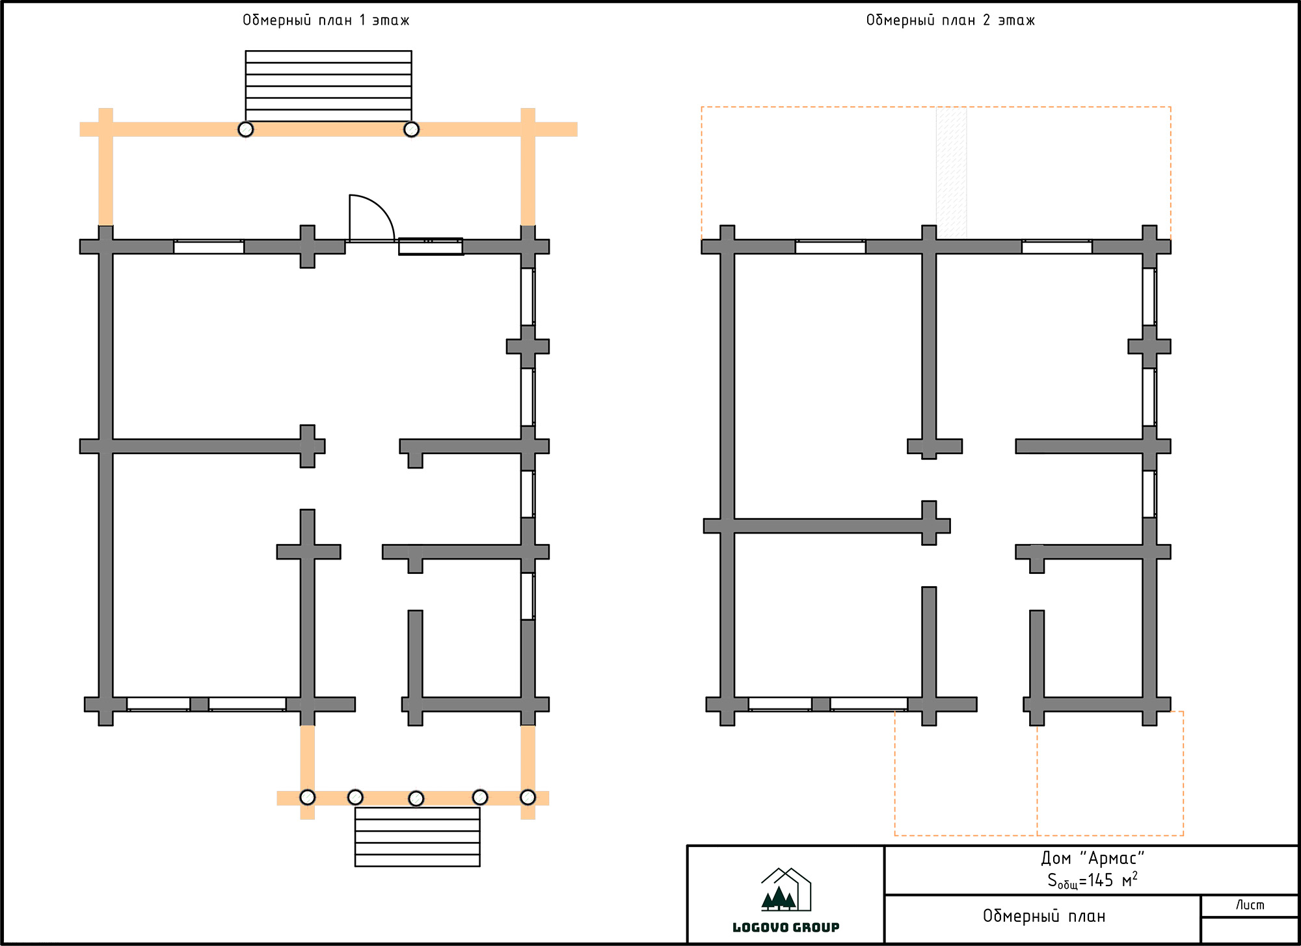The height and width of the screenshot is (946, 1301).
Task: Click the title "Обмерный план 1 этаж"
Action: tap(326, 20)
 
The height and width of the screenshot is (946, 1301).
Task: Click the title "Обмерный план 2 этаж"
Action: tap(950, 20)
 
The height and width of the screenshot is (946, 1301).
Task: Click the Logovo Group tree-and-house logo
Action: tap(786, 889)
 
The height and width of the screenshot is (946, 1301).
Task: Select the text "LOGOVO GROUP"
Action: tap(786, 927)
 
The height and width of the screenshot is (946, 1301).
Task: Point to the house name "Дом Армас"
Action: tap(1093, 858)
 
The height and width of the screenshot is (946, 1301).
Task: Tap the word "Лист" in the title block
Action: tap(1250, 905)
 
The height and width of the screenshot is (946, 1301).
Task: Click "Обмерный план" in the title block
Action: tap(1044, 916)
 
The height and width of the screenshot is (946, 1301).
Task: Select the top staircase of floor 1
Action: tap(329, 86)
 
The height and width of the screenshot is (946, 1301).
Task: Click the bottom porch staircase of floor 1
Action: tap(418, 837)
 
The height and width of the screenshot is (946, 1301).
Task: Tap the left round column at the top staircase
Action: tap(245, 129)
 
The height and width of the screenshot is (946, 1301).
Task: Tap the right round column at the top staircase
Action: tap(411, 129)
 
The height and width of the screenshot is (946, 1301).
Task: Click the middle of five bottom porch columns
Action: tap(416, 798)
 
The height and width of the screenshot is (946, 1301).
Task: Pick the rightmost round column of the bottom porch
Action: tap(528, 797)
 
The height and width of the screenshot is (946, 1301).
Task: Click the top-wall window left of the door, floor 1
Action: tap(209, 247)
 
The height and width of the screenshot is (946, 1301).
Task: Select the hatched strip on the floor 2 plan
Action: tap(951, 173)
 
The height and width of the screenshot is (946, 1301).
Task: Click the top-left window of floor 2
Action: tap(831, 247)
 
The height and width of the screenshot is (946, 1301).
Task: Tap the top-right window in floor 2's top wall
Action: tap(1057, 247)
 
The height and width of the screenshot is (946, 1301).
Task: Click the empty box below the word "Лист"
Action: tap(1250, 930)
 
